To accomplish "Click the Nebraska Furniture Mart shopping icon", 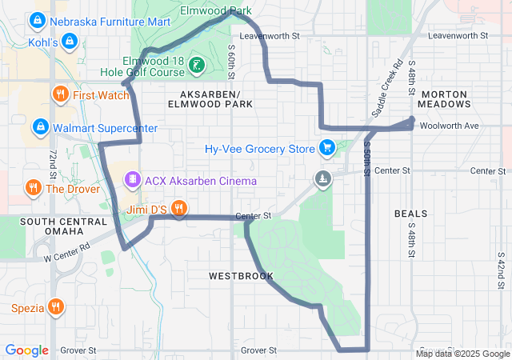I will [37, 20].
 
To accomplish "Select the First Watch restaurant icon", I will [60, 95].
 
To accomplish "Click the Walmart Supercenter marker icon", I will [40, 127].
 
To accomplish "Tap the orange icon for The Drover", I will [33, 189].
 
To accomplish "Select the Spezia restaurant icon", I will [55, 306].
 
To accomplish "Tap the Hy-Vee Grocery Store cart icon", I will [326, 148].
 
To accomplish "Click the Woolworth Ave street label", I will [454, 126].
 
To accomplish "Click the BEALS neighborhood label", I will [411, 214].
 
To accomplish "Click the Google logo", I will [27, 350].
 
